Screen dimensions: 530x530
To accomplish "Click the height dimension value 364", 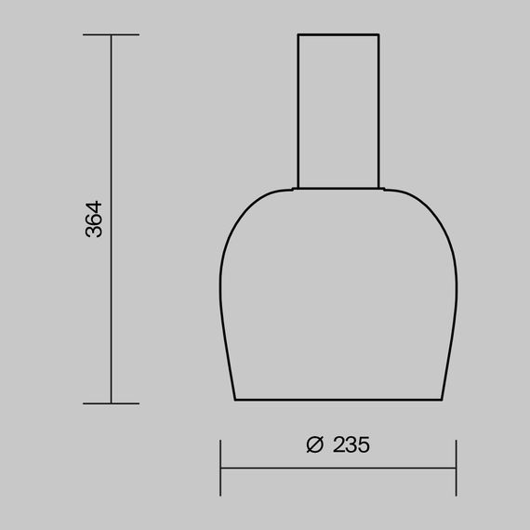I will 94,219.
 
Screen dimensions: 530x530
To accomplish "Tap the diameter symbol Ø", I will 314,444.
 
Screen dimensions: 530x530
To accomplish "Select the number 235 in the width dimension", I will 350,444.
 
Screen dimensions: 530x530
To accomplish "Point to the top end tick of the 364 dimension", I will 111,35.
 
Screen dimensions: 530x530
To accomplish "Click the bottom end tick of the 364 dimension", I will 111,404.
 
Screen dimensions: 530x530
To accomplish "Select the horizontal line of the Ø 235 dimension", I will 338,468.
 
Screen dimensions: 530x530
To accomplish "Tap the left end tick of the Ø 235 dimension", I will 220,468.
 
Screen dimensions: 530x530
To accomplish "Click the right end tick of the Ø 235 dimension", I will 457,468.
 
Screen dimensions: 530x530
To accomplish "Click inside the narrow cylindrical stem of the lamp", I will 338,112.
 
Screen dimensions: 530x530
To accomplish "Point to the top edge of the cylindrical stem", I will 338,34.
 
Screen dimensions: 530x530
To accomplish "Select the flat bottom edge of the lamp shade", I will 338,401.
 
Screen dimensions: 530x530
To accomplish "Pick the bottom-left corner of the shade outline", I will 236,401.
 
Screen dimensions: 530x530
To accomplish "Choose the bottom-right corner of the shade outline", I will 441,401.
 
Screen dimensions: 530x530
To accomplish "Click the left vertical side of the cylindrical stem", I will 298,112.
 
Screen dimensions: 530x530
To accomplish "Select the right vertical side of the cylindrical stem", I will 379,112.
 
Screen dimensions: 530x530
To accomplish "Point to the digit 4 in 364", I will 94,205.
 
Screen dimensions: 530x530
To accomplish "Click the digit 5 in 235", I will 363,444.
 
